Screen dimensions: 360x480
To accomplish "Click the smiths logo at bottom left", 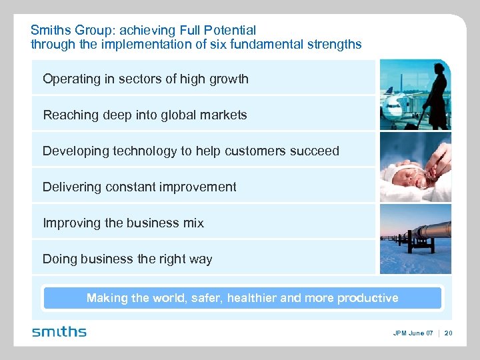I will [59, 331].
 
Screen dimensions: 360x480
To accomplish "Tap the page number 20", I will [448, 333].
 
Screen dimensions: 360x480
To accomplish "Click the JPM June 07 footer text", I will [412, 333].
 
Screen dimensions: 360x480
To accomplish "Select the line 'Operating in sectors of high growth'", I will [145, 79].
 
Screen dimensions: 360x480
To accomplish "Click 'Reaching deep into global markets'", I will [145, 115].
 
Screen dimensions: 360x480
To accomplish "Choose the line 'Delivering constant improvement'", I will [139, 187].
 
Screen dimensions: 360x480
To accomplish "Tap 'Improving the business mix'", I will [123, 223].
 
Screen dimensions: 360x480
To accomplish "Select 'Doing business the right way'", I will [127, 259].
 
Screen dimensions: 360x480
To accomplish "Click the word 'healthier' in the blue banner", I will [251, 298].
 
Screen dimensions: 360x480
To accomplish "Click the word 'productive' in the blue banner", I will [365, 298].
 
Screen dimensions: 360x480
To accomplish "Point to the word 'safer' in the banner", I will [204, 298].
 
